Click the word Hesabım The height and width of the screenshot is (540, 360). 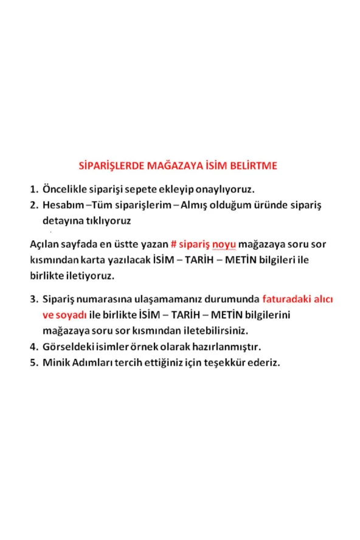pyautogui.click(x=63, y=205)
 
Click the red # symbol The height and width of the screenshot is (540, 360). pyautogui.click(x=173, y=246)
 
